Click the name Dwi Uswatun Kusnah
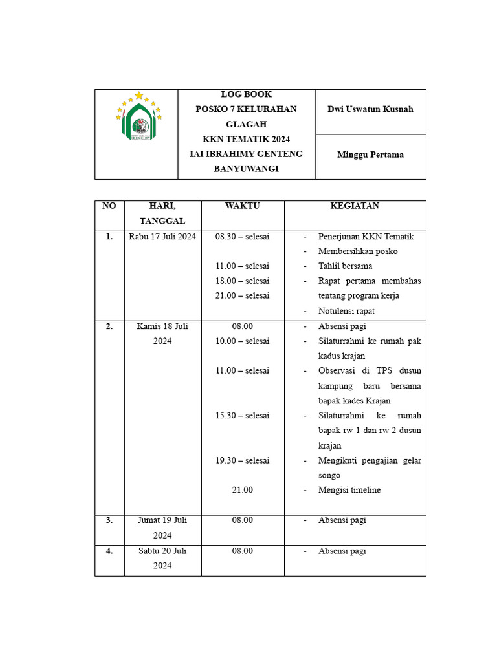coord(370,109)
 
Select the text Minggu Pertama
coord(370,155)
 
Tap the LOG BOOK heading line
coord(246,94)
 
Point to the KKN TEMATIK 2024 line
coord(246,139)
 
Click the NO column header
coord(109,206)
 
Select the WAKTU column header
coord(242,206)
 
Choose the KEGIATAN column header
coord(355,206)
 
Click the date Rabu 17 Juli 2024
coord(162,236)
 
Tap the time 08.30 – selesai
coord(242,236)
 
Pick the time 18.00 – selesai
coord(242,281)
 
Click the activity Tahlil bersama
coord(345,266)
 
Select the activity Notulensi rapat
coord(346,310)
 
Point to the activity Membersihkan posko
coord(358,251)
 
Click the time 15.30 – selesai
coord(242,415)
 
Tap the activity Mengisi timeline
coord(349,490)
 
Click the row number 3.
coord(109,520)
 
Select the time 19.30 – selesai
coord(242,460)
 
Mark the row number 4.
coord(109,551)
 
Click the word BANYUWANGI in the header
coord(246,169)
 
